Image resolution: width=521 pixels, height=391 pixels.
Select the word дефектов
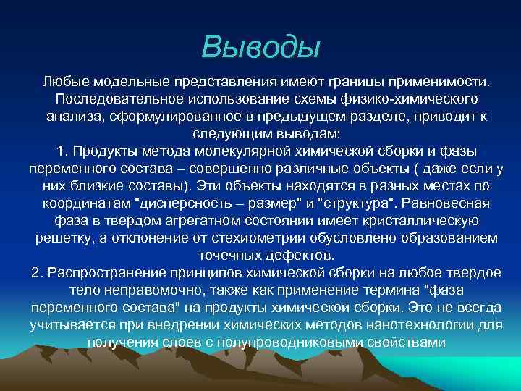297,256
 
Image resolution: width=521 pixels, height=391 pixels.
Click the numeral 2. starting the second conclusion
38,274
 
